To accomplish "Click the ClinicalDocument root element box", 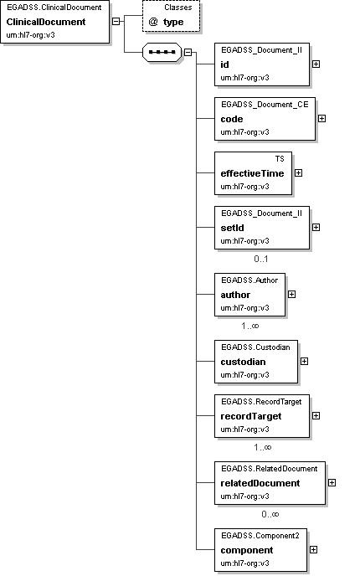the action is tap(54, 22).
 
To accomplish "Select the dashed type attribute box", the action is tap(171, 17).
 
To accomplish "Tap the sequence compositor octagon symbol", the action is tap(162, 52).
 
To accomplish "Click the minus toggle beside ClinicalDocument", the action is tap(116, 21).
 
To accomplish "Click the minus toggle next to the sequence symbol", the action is tap(188, 52).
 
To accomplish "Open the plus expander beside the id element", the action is tap(316, 64).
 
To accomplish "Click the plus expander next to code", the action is tap(321, 119).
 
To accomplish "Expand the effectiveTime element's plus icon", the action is tap(299, 173).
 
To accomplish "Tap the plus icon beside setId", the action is tap(316, 228).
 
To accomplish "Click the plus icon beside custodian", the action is tap(304, 362).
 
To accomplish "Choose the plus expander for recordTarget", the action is tap(316, 416).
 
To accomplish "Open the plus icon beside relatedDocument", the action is tap(332, 483).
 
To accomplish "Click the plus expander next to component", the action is tap(313, 550).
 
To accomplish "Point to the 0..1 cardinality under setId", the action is tap(261, 259).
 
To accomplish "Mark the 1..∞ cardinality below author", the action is tap(250, 326).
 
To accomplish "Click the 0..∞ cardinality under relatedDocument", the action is tap(270, 514).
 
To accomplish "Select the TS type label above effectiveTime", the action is tap(280, 159).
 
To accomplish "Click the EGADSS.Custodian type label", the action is tap(255, 347).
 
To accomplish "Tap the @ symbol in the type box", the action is tap(153, 22).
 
